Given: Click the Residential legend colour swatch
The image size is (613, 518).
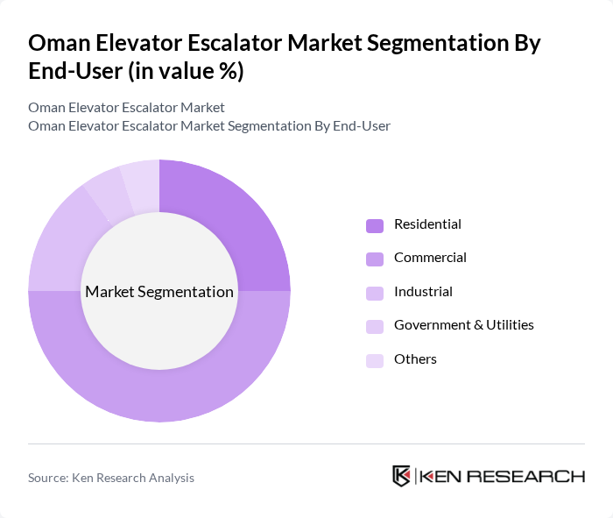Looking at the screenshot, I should [x=375, y=225].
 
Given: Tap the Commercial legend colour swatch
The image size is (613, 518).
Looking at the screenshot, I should [x=375, y=259].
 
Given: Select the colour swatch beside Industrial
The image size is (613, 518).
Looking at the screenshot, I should [x=375, y=293].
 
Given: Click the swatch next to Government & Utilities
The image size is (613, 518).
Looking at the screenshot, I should [x=375, y=326].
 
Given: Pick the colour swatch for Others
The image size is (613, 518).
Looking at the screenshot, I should [x=375, y=360].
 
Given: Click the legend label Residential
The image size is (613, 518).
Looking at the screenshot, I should [x=427, y=224].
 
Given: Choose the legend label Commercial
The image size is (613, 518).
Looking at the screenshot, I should [x=430, y=258].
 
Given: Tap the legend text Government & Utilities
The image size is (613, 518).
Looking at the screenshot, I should [x=463, y=325].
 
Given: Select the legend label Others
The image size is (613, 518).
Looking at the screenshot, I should [x=415, y=359].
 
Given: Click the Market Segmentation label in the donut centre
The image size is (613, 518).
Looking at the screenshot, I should [x=159, y=292].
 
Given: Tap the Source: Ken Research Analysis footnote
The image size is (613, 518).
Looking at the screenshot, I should [x=111, y=478].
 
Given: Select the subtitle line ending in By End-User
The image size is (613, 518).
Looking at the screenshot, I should [x=209, y=125].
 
